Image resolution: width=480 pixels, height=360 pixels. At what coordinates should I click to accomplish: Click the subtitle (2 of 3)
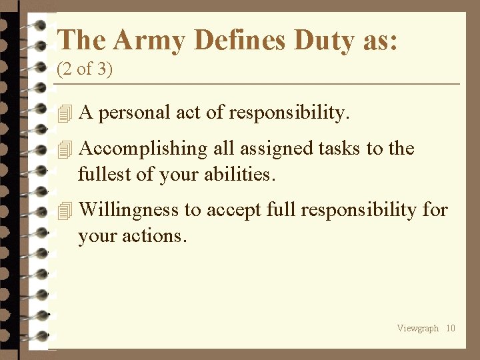tap(85, 69)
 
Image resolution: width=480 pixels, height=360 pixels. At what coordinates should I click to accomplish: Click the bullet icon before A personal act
tap(64, 114)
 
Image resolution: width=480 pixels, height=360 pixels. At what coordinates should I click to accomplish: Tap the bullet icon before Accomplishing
tap(64, 149)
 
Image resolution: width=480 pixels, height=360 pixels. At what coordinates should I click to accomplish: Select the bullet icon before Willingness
tap(64, 211)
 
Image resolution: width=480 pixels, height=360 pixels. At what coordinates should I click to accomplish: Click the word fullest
tap(101, 175)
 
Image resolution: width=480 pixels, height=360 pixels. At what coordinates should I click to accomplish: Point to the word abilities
tap(239, 175)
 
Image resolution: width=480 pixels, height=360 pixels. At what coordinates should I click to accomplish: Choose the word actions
tap(159, 237)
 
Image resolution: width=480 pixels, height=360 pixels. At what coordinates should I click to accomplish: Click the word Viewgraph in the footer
tap(417, 328)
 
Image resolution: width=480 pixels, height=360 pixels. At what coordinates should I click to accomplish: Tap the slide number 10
tap(451, 328)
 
